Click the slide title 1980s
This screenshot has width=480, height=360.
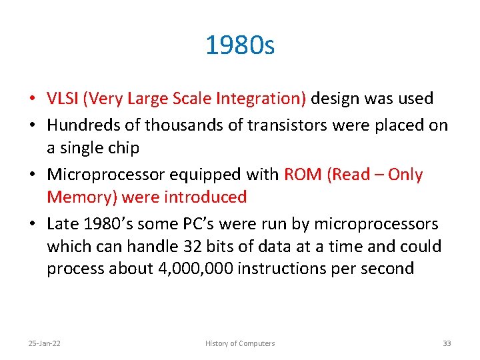(x=240, y=46)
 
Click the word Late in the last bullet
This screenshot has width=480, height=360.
(x=61, y=223)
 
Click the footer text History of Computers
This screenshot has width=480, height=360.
(x=240, y=343)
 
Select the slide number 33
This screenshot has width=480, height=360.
(x=447, y=343)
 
